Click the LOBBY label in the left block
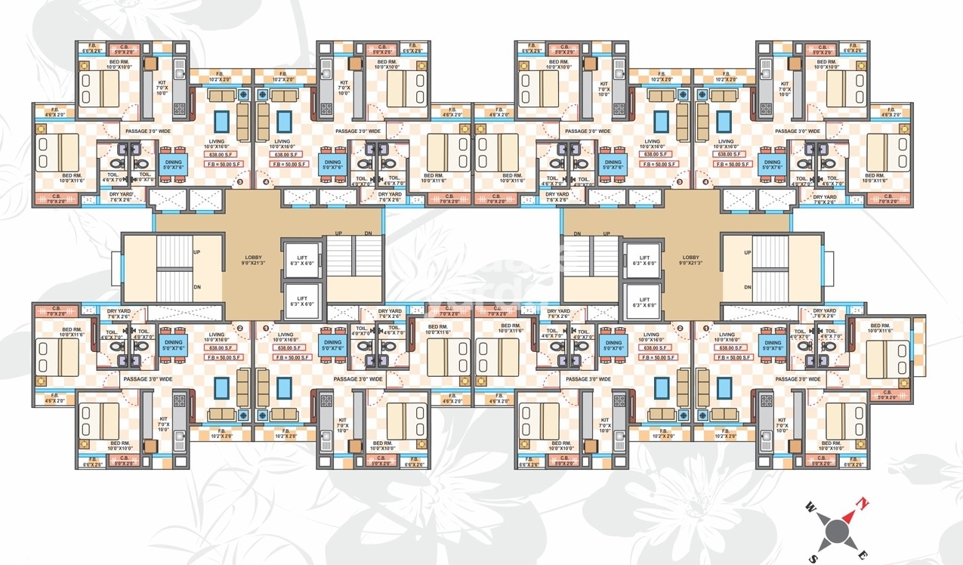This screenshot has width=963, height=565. click(252, 258)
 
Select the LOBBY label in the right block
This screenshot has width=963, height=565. click(691, 258)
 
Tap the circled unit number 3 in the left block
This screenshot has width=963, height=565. click(240, 182)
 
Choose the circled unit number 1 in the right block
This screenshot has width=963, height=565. click(707, 329)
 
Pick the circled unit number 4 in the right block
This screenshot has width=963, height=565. click(706, 182)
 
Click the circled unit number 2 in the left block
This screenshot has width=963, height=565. click(240, 329)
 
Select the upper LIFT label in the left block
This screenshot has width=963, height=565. click(302, 258)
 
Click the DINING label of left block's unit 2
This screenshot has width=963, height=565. click(173, 343)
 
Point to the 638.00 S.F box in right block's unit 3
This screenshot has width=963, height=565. click(654, 154)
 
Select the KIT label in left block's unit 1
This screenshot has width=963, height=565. click(343, 420)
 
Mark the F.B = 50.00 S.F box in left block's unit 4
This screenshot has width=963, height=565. click(289, 164)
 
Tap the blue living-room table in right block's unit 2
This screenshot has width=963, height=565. click(662, 387)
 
